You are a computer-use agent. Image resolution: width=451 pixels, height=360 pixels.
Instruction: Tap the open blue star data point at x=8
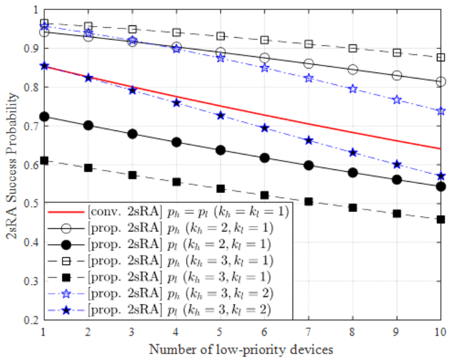click(353, 89)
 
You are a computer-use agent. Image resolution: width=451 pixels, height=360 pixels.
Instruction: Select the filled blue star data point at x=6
click(264, 127)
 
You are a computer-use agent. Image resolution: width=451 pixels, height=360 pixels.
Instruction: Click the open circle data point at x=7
click(308, 64)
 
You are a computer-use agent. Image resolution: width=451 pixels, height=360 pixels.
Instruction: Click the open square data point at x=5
click(220, 36)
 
